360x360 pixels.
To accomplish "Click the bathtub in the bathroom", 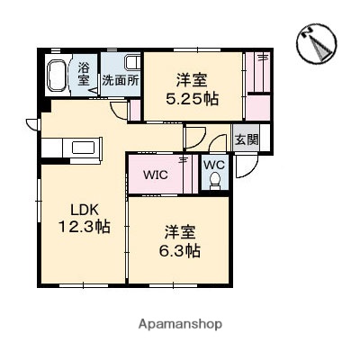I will pos(57,73).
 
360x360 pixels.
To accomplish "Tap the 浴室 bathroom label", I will pos(84,73).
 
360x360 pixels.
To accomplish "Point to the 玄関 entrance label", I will pos(246,139).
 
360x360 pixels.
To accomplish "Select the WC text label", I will pos(214,166).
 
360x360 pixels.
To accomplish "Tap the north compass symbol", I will pos(318,42).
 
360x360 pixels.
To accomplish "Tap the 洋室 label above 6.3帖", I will pos(181,230).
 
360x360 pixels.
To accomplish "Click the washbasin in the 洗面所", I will pos(131,62).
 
